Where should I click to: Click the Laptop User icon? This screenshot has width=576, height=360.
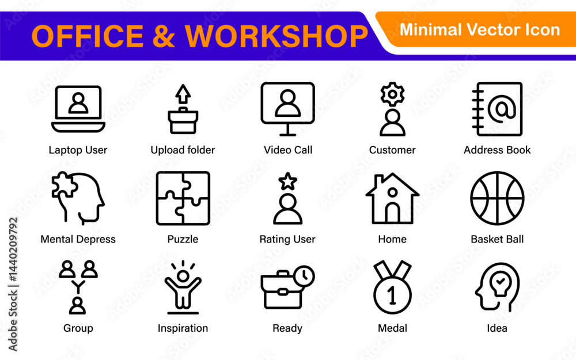(x=78, y=109)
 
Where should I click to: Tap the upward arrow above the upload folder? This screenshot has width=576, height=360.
(x=183, y=94)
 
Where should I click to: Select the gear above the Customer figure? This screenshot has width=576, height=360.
(x=392, y=94)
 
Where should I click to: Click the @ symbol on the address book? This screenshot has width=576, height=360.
(x=502, y=108)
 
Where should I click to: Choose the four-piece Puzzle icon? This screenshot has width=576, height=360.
(x=183, y=198)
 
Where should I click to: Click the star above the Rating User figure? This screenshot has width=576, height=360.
(x=287, y=181)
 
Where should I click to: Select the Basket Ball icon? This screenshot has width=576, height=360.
(x=497, y=198)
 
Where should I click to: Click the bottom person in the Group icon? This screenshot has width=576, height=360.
(x=78, y=306)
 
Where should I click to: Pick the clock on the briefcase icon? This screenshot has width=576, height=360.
(x=304, y=276)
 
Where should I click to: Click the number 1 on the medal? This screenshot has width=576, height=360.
(x=392, y=294)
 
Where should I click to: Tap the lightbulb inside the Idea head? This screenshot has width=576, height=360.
(x=500, y=284)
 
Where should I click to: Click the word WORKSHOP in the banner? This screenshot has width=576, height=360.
(x=276, y=36)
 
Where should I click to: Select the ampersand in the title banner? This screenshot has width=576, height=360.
(x=164, y=36)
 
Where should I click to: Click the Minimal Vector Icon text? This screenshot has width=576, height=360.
(x=480, y=30)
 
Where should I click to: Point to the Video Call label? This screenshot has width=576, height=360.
(x=288, y=150)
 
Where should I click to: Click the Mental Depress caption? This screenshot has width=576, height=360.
(x=78, y=240)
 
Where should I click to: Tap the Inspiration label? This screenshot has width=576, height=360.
(x=183, y=328)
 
